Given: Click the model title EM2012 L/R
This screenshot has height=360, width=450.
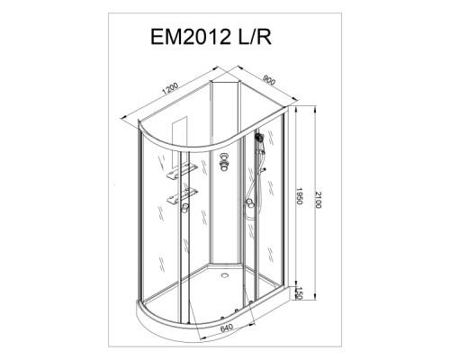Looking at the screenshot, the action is [x=211, y=37].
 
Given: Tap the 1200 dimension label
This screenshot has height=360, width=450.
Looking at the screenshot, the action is [x=170, y=88].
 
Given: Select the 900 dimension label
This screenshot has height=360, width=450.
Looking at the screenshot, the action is [x=269, y=79].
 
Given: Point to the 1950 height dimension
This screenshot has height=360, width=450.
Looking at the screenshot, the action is [x=299, y=195].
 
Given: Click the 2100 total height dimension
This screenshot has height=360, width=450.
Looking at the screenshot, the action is [x=318, y=200].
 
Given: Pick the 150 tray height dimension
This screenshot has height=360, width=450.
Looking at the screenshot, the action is [x=298, y=293].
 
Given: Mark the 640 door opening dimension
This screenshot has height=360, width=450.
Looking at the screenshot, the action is [x=227, y=328].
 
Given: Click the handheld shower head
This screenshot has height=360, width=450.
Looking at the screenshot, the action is [x=259, y=138].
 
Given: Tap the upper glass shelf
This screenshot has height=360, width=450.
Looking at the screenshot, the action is [x=182, y=171].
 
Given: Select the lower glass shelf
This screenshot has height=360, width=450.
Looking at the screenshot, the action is [x=182, y=196].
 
